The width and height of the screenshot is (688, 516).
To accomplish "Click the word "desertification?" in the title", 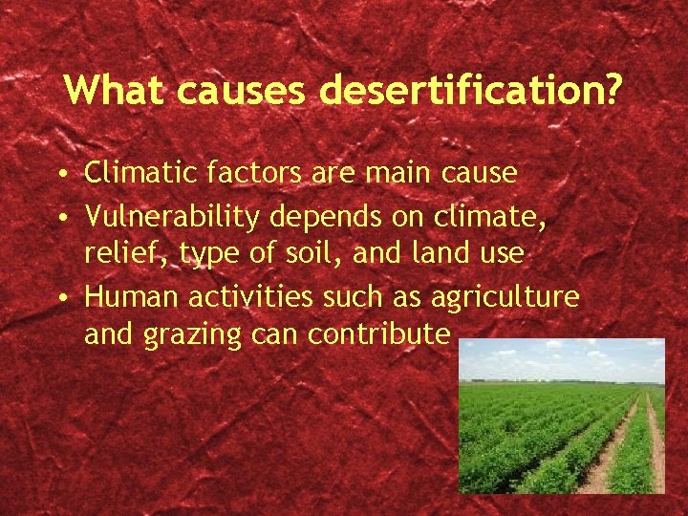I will click(472, 91).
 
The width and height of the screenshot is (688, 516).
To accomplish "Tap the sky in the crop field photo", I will click(554, 358).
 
